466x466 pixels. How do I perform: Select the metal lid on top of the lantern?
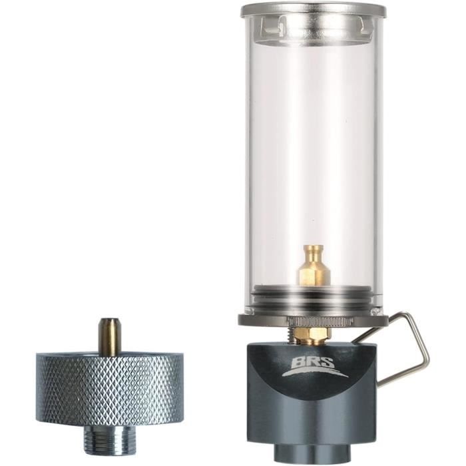coord(313,10)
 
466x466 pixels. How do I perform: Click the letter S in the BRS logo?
coord(326,363)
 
